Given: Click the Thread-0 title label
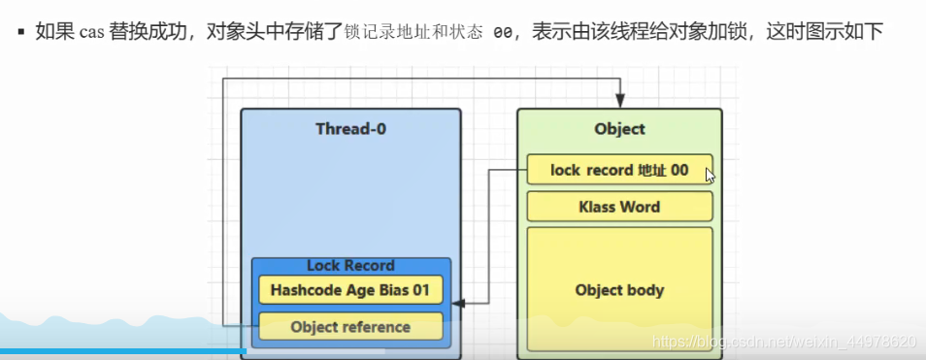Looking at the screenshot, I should [350, 129].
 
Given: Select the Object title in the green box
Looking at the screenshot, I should [619, 129].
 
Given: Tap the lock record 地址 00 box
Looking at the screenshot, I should [619, 170].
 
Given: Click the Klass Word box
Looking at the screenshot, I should [619, 207].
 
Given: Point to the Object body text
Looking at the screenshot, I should [619, 290].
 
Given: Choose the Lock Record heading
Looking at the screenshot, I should [350, 265].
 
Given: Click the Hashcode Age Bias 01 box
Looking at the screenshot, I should [350, 289].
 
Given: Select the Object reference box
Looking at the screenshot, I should [350, 327].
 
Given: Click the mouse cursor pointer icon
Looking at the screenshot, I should [711, 176].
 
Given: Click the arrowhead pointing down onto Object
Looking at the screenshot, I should [620, 101].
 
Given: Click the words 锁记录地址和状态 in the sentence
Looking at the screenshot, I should [412, 33].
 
